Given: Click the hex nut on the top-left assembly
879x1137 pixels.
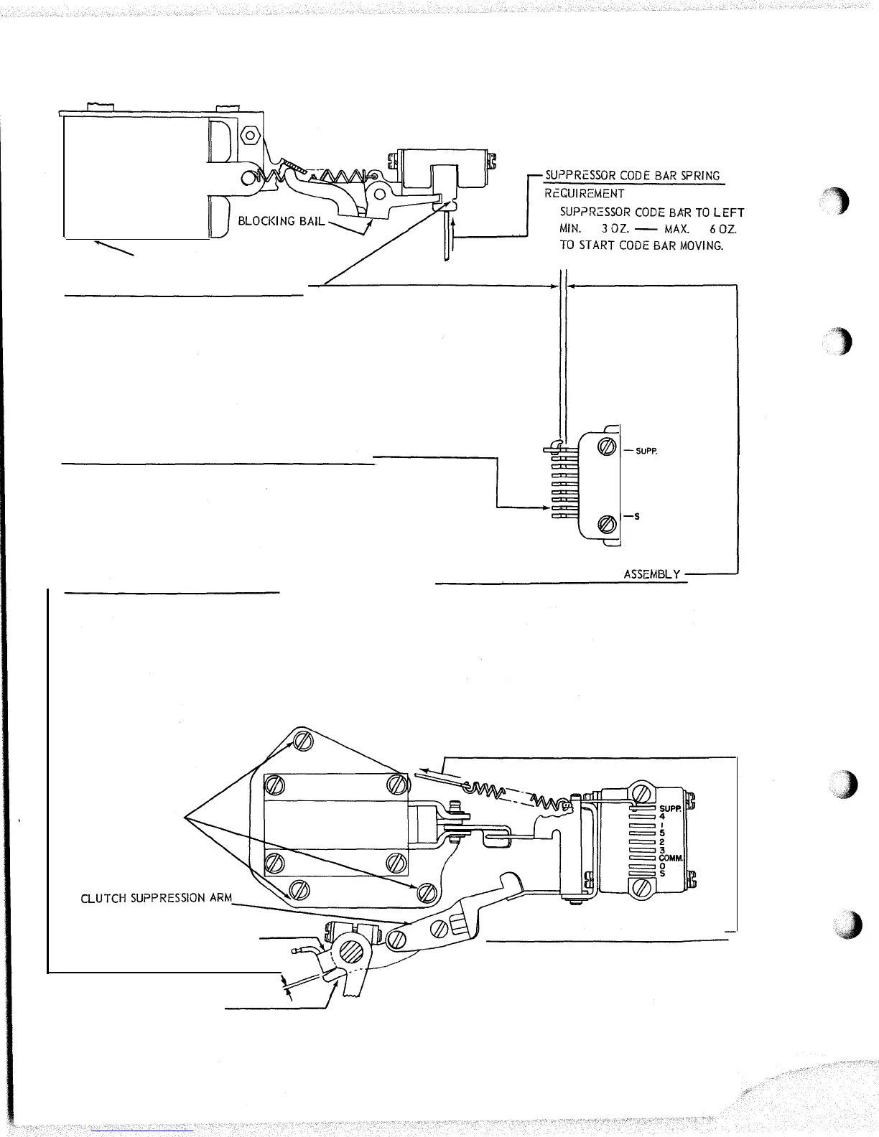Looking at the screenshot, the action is pyautogui.click(x=251, y=134).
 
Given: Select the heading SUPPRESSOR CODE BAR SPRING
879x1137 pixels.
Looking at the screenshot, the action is pyautogui.click(x=632, y=176).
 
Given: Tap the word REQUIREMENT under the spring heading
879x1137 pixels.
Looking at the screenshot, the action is pyautogui.click(x=584, y=194).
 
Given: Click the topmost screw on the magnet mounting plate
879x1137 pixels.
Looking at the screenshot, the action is pyautogui.click(x=301, y=743).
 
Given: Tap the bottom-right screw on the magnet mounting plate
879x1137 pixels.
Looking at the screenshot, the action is pyautogui.click(x=428, y=892).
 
